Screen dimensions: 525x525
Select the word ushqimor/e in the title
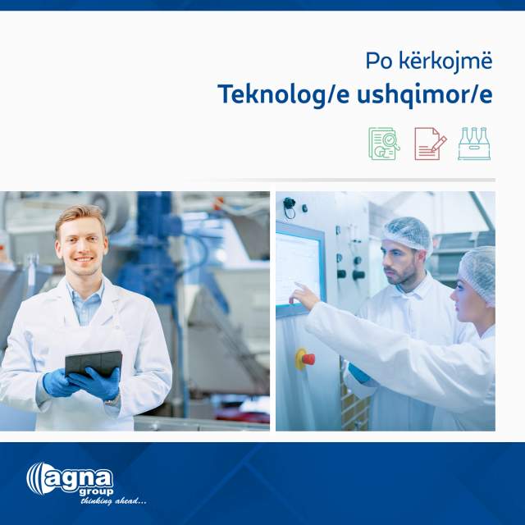[425, 95]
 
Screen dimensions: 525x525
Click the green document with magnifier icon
[384, 144]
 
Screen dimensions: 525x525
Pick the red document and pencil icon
[430, 144]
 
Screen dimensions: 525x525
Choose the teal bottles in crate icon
[474, 144]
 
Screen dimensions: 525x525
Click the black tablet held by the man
[94, 363]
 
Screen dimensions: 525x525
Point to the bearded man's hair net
[408, 233]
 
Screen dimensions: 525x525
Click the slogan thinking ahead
[113, 501]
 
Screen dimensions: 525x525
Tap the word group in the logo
[96, 492]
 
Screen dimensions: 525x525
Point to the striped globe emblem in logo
[35, 479]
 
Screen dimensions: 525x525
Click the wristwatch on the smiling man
[112, 400]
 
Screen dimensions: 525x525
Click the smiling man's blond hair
[80, 215]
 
